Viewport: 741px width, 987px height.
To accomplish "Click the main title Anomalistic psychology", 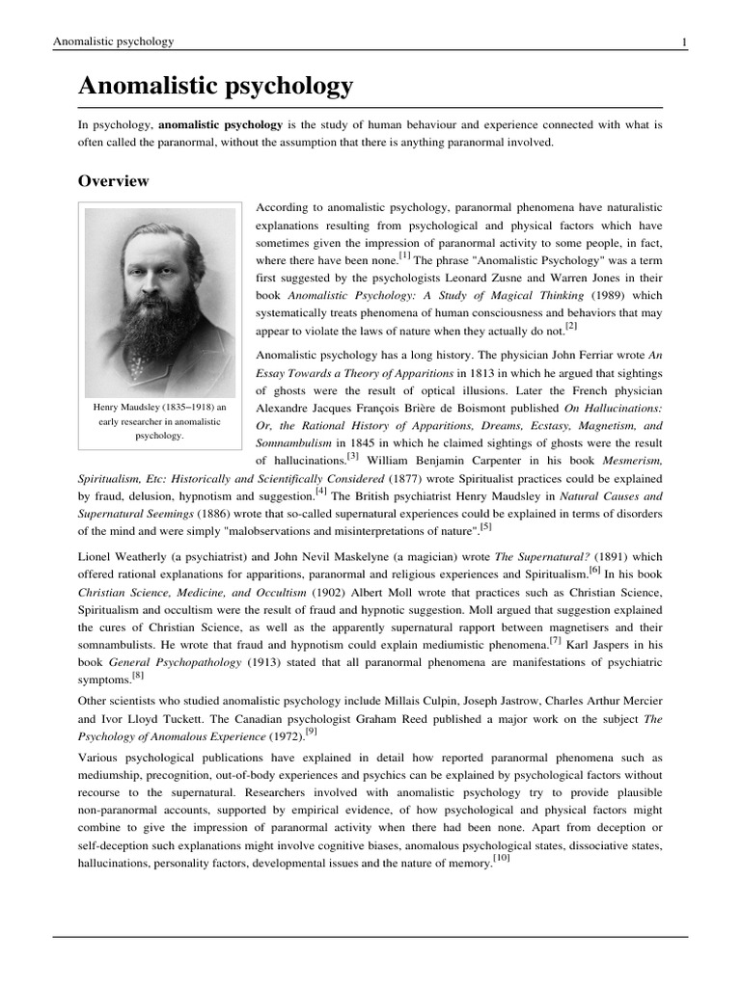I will tap(215, 88).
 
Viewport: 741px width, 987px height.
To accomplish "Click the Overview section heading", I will tap(113, 181).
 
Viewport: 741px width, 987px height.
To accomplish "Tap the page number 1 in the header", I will tap(684, 42).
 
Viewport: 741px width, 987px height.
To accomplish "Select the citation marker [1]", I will tap(403, 256).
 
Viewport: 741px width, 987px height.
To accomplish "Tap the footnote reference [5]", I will tap(485, 526).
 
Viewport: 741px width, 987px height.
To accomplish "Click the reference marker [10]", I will tap(501, 858).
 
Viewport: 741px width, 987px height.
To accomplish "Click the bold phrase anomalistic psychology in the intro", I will tap(220, 125).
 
